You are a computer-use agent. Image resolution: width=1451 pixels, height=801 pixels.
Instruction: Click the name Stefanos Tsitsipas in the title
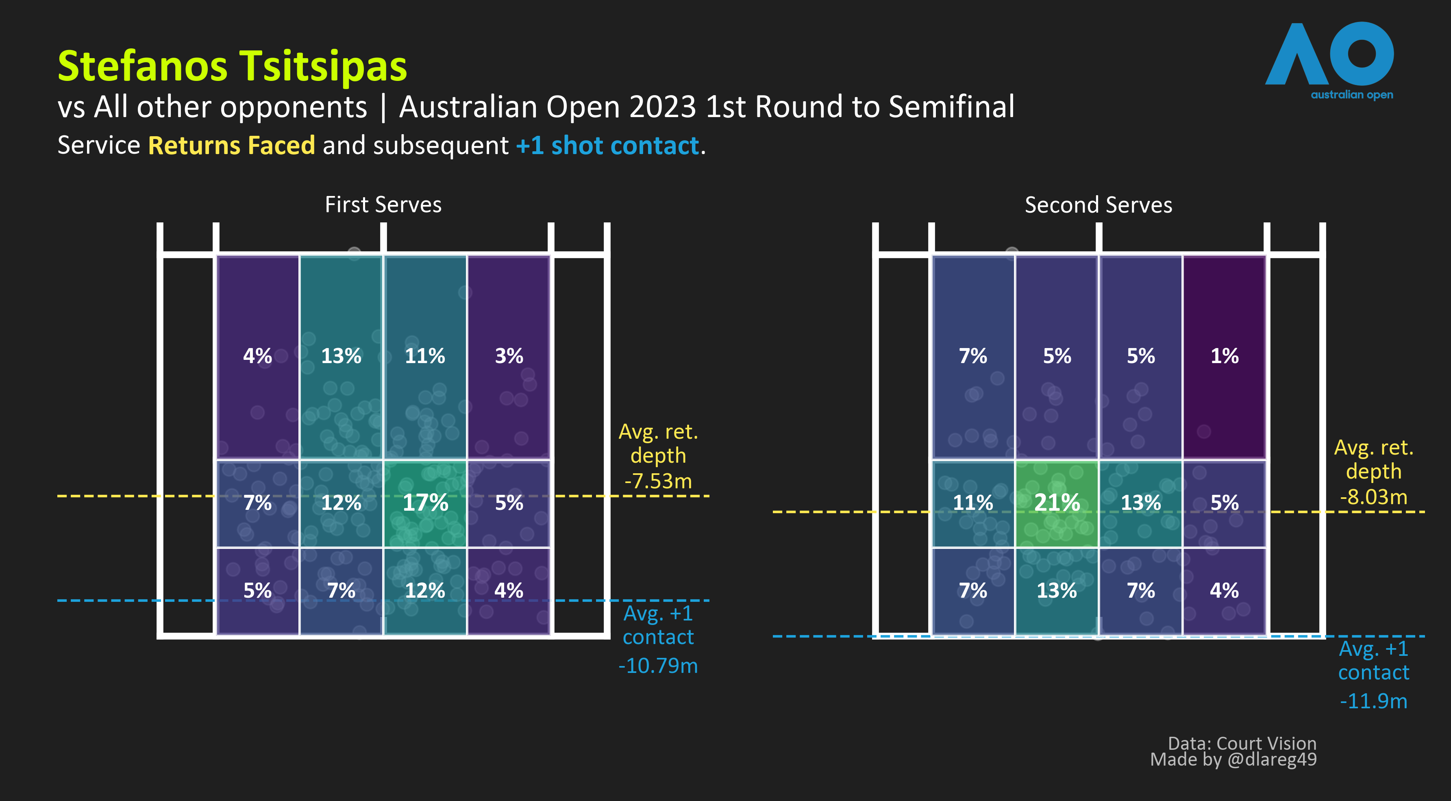[232, 66]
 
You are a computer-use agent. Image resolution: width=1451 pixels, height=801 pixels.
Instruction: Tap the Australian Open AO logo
[1329, 59]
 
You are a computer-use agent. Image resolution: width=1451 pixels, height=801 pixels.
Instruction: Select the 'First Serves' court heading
[383, 205]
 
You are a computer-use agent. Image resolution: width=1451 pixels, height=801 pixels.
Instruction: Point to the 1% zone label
[1225, 356]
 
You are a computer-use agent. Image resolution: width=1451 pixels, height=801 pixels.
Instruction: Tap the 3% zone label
[509, 356]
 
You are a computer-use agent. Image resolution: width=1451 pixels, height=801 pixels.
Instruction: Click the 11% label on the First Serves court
[425, 356]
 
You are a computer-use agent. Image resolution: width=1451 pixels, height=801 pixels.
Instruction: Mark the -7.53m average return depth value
[658, 481]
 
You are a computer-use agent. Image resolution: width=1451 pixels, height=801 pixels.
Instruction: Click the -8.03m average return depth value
[1373, 497]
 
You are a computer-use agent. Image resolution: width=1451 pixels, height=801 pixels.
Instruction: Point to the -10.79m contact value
[658, 666]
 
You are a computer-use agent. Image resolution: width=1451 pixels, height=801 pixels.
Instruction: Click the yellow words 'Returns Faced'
[231, 145]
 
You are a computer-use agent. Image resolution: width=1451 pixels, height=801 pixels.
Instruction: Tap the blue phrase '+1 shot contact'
[607, 145]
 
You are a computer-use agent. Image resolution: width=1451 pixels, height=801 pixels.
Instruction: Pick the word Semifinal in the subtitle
[951, 107]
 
